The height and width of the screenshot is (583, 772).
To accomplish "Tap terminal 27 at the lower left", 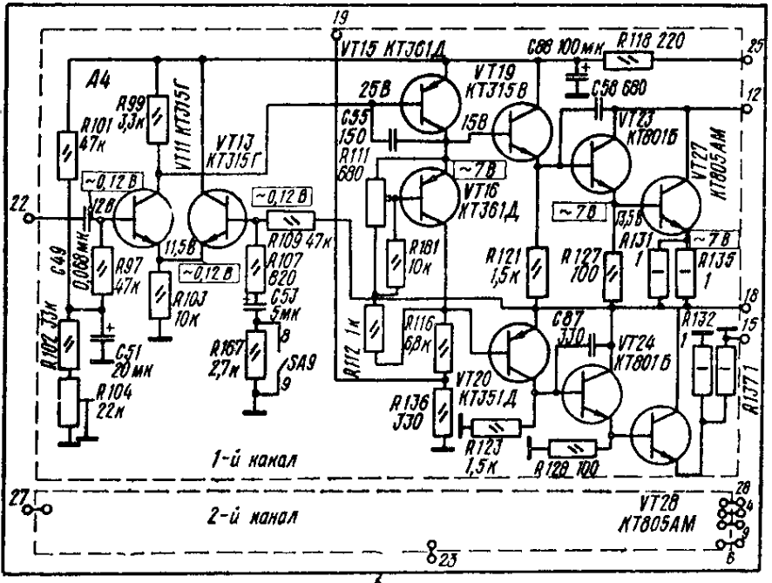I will [18, 497].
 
